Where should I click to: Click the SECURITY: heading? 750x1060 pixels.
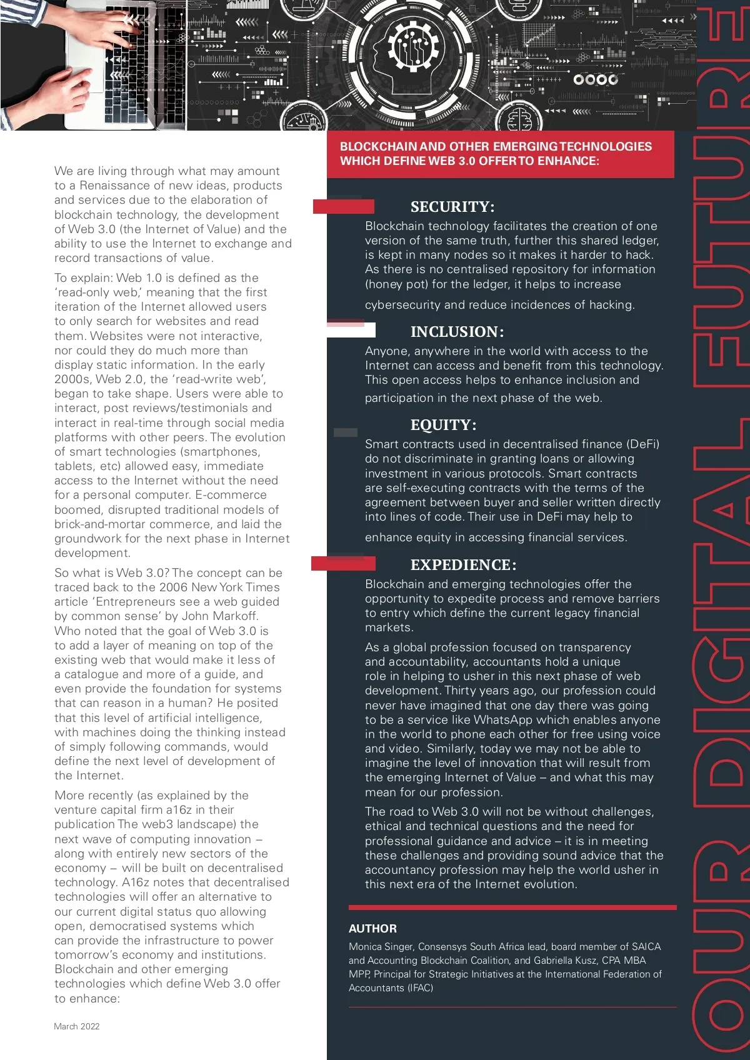coord(452,207)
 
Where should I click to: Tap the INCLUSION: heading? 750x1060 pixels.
coord(457,332)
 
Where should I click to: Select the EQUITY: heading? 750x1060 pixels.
coord(443,425)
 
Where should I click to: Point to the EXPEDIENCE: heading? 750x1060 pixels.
coord(463,565)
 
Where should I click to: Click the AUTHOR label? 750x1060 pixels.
coord(372,929)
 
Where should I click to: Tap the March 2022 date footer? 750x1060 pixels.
coord(76,1026)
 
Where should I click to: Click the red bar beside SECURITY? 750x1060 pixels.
coord(343,206)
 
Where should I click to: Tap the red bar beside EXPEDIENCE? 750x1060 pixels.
coord(343,564)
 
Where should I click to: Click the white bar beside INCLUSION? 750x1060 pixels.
coord(351,330)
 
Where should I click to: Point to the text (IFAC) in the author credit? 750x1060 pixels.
coord(420,988)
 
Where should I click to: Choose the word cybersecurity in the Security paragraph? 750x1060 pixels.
coord(402,305)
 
